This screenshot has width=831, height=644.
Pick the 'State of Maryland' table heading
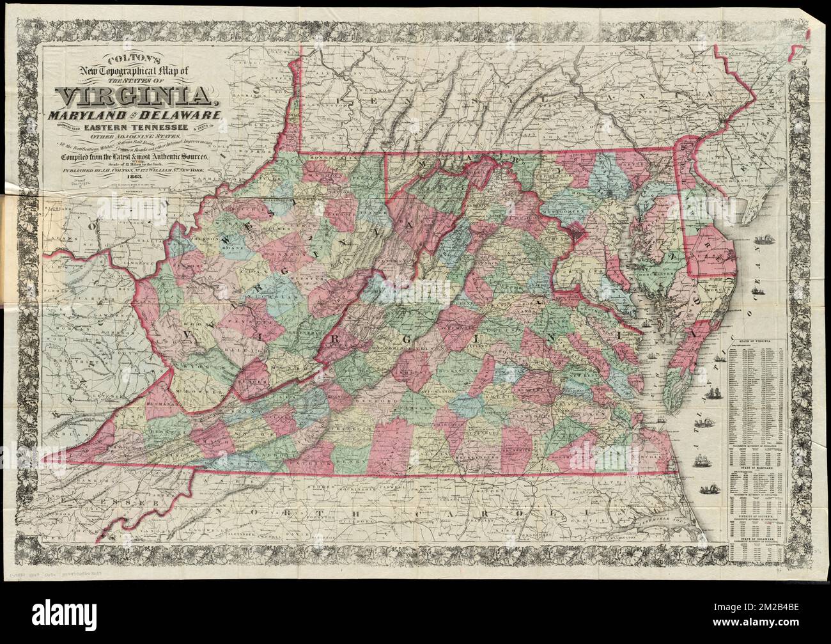tap(759, 469)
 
